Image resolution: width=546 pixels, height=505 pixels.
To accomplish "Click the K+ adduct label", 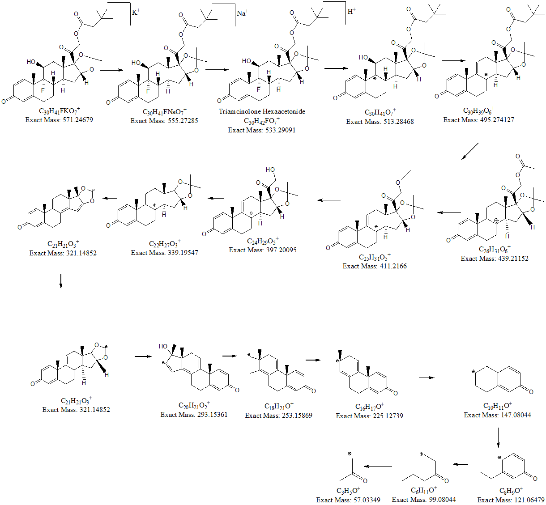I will coord(136,12).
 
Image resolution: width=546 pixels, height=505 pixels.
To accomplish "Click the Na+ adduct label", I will coord(242,13).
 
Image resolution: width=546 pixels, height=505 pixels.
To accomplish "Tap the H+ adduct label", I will coord(351,11).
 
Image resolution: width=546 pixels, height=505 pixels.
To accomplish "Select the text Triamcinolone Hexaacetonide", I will coord(262,111).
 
